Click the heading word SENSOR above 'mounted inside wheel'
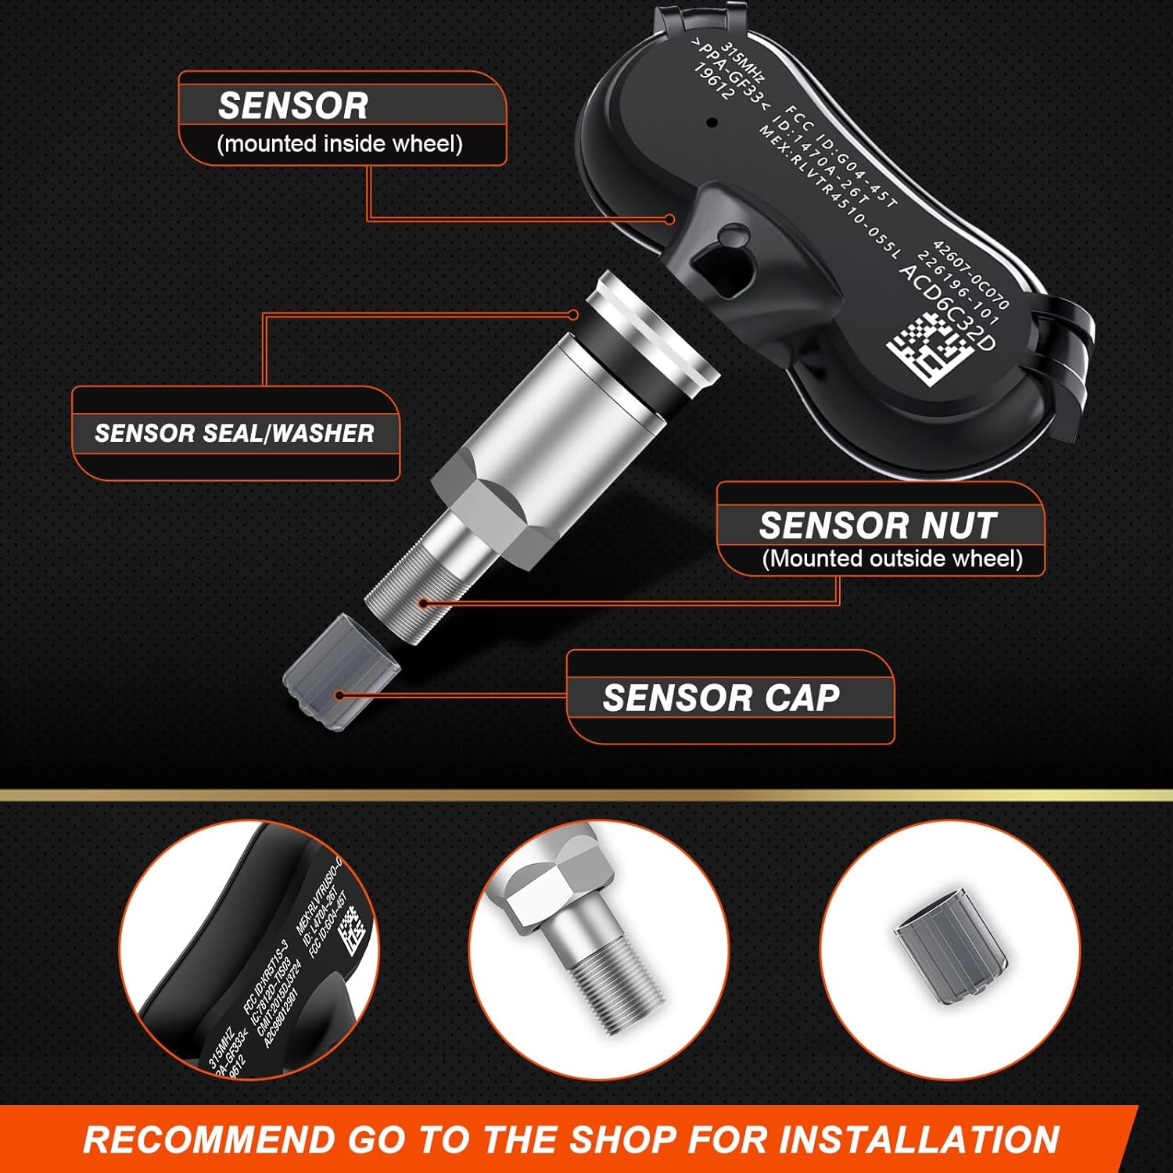(x=292, y=106)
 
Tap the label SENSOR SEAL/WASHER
(x=235, y=433)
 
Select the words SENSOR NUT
(x=877, y=526)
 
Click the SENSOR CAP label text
(x=721, y=698)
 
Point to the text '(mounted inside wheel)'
(x=339, y=144)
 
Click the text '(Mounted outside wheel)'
(x=892, y=558)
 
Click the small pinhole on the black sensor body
(x=712, y=123)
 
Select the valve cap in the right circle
(x=951, y=947)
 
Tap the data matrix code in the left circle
(x=350, y=930)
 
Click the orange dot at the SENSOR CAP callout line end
(x=339, y=695)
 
